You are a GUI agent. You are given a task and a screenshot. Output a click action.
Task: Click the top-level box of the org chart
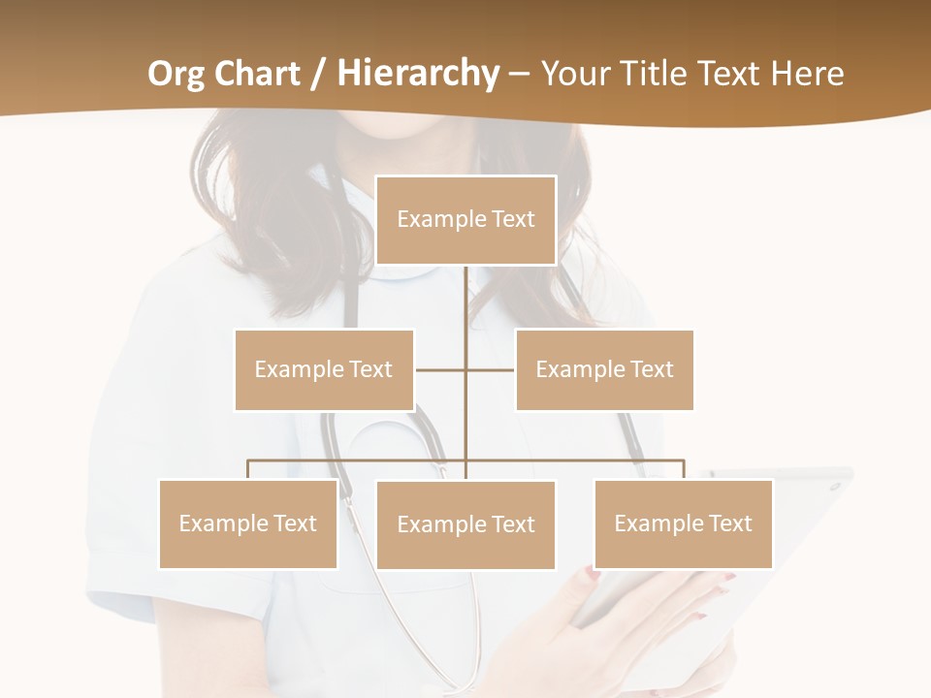pos(465,220)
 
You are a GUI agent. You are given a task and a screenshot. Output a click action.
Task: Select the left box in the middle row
pos(324,369)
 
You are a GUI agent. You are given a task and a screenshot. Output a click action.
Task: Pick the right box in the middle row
pos(604,369)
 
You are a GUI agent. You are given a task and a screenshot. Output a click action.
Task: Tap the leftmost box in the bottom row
pos(248,523)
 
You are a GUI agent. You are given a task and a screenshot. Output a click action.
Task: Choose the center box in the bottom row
pos(465,524)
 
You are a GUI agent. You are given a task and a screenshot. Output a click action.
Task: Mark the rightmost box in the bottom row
pos(683,523)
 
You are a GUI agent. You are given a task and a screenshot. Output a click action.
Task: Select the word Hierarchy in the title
pos(417,74)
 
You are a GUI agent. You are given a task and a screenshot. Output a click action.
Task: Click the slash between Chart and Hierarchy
pos(319,74)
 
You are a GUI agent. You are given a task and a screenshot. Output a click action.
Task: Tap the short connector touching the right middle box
pos(491,369)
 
